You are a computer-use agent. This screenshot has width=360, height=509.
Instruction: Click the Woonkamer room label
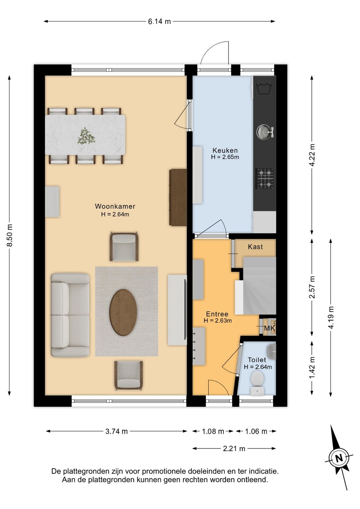tap(115, 206)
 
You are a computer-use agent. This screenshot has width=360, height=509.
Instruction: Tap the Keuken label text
tap(225, 150)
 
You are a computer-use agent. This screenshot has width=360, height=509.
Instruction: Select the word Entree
tap(217, 314)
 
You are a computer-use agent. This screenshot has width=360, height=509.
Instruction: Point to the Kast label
tap(255, 247)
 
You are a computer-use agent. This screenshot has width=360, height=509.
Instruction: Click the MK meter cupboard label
tap(270, 328)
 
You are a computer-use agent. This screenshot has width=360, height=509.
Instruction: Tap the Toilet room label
tap(257, 360)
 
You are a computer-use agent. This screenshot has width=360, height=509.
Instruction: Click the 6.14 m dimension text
tap(159, 22)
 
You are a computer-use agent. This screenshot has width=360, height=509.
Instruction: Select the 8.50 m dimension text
tap(10, 235)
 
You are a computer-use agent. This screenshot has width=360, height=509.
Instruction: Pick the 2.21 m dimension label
tap(234, 449)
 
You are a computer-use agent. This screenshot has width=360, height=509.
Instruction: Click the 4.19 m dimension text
tap(331, 317)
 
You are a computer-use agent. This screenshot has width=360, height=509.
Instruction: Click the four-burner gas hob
tap(264, 178)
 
